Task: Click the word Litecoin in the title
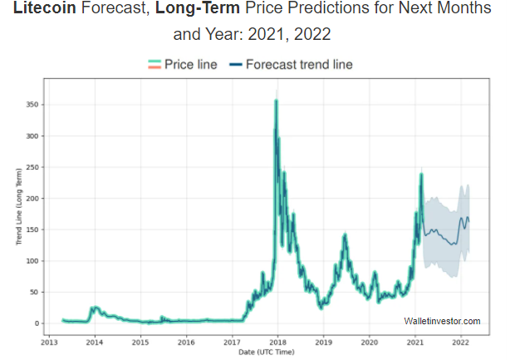tap(47, 10)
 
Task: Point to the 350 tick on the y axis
tap(32, 105)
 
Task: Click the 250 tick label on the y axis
tap(32, 167)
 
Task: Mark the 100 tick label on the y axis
tap(32, 261)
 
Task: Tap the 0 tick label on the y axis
tap(36, 323)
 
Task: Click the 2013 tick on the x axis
tap(49, 342)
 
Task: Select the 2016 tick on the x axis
tap(186, 342)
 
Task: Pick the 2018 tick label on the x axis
tap(277, 342)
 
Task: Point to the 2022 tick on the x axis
tap(460, 342)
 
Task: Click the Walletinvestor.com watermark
tap(442, 321)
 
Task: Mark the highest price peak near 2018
tap(276, 101)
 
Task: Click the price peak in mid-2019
tap(344, 236)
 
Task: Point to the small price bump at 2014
tap(95, 308)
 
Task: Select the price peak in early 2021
tap(422, 175)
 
